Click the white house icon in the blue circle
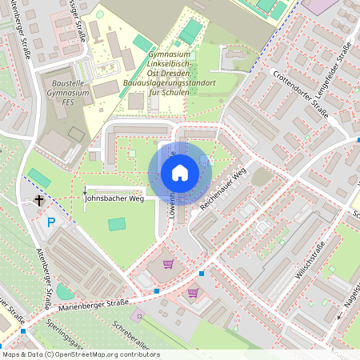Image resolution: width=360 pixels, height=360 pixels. click(x=180, y=172)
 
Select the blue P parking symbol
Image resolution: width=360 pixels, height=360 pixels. click(x=51, y=222)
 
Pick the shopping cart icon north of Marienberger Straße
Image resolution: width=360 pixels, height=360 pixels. click(x=168, y=264)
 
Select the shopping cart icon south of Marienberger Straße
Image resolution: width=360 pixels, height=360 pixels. click(x=193, y=292)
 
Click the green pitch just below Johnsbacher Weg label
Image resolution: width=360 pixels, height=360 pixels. click(x=118, y=224)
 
